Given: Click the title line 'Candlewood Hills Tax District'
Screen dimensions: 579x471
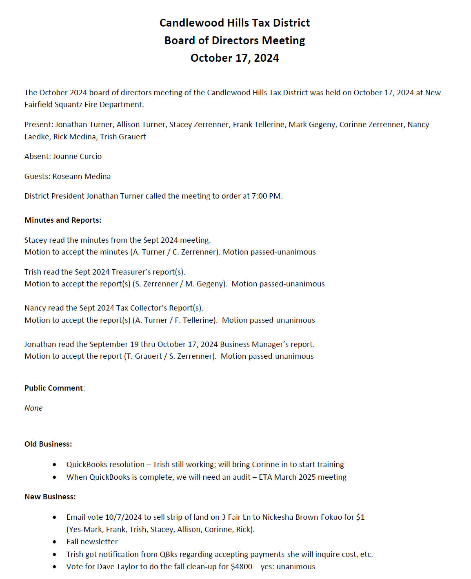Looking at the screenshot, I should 235,23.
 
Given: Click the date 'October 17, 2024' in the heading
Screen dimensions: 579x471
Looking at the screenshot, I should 235,58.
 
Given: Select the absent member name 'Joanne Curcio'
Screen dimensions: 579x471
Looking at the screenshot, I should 77,156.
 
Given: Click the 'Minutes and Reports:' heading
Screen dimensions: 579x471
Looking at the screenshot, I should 63,220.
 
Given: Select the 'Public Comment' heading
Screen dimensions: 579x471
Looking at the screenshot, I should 53,388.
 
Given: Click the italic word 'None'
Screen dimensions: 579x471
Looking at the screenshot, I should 33,408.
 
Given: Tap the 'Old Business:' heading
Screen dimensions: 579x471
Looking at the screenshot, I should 48,444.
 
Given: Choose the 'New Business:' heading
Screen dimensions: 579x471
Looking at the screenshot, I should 50,497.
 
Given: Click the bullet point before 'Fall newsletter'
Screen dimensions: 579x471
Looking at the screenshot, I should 55,542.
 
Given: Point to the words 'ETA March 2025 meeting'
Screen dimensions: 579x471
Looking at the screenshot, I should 302,477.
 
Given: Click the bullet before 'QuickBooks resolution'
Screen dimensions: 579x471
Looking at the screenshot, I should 55,465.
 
